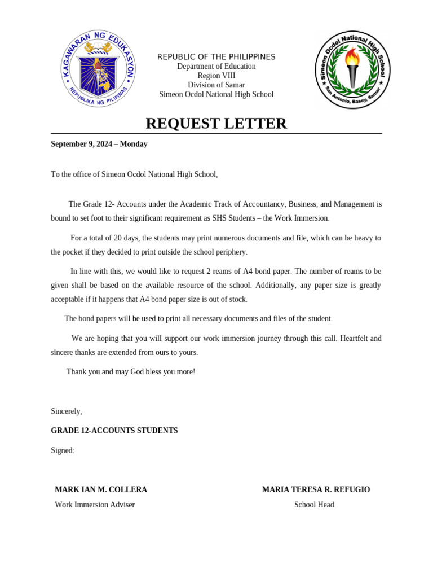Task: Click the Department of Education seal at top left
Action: [98, 69]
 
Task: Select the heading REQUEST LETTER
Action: [216, 123]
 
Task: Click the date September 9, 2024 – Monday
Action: [99, 144]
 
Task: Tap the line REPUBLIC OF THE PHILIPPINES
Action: [216, 57]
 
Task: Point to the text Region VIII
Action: [216, 76]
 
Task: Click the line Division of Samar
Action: [216, 85]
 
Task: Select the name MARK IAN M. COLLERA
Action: [101, 489]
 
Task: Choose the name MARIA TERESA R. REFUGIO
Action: [316, 489]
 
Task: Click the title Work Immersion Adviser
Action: [95, 505]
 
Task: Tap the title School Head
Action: [314, 505]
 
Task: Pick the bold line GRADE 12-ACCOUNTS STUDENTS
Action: [114, 431]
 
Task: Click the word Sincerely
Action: [66, 411]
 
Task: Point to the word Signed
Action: [62, 450]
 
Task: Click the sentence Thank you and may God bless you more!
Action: [131, 371]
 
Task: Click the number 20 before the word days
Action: [118, 238]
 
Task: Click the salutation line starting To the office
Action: [134, 174]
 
